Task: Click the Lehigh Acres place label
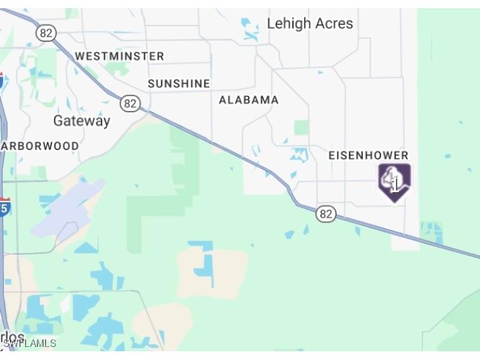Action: (x=310, y=24)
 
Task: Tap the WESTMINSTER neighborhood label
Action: (x=120, y=56)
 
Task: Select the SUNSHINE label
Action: (x=179, y=84)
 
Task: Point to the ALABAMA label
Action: (x=249, y=100)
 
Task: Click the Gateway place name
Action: (x=82, y=121)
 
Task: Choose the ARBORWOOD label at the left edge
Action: (x=41, y=146)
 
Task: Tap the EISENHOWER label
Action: (x=368, y=155)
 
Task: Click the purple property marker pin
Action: (x=395, y=182)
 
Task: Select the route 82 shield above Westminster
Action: (x=46, y=33)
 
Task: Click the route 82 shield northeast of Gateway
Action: (x=130, y=104)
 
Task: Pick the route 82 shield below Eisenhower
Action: (x=325, y=214)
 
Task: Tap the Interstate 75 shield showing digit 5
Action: (x=4, y=207)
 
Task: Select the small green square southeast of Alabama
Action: (x=302, y=127)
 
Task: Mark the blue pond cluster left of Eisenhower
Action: (x=300, y=155)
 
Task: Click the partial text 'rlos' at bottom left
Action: (x=12, y=338)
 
